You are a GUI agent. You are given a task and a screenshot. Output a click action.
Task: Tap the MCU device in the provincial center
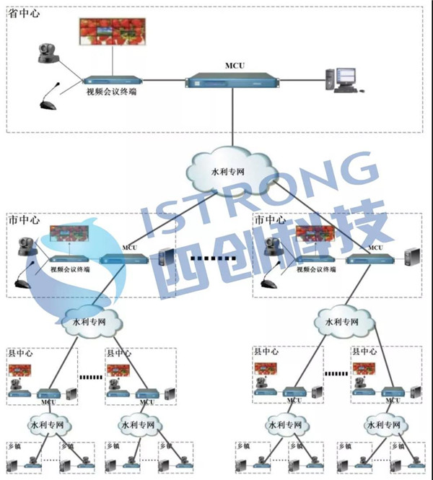pyautogui.click(x=232, y=80)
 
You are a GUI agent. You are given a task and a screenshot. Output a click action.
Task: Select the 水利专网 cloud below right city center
pyautogui.click(x=338, y=322)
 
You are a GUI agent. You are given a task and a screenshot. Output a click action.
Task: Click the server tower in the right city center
pyautogui.click(x=412, y=257)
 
